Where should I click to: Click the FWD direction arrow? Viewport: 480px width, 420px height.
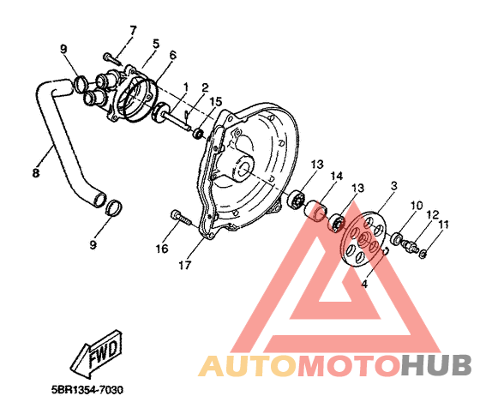click(x=98, y=353)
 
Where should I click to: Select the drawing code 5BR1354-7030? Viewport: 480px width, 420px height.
click(x=87, y=390)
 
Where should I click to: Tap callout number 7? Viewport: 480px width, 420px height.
click(x=133, y=31)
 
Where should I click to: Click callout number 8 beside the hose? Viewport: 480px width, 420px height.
click(x=36, y=173)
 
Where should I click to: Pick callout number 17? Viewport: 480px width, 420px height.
click(x=185, y=265)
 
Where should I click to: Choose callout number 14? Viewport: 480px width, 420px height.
click(x=336, y=176)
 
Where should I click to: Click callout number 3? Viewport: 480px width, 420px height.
click(x=394, y=185)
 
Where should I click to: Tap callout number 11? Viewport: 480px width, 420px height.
click(x=443, y=225)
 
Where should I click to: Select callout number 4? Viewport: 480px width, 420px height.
click(x=364, y=284)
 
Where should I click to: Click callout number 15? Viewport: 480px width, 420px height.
click(x=216, y=102)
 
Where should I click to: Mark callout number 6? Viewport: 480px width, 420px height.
click(x=172, y=56)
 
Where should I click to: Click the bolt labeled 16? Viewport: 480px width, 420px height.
click(x=181, y=217)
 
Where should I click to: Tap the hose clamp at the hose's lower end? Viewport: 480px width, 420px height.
click(x=115, y=207)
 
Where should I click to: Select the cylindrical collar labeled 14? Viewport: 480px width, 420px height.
click(x=316, y=210)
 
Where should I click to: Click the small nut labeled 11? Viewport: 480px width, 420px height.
click(x=423, y=254)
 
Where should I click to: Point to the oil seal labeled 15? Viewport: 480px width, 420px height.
click(x=198, y=134)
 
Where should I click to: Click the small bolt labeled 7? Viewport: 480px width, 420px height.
click(x=112, y=58)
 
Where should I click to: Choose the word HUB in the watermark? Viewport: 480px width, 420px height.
click(x=436, y=365)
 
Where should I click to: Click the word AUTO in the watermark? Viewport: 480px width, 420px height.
click(x=249, y=365)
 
